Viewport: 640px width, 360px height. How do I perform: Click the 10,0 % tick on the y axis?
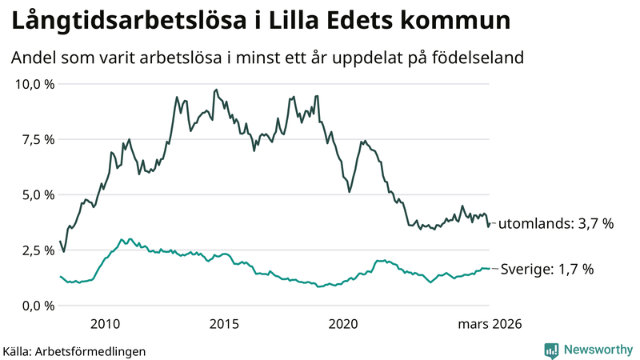33,84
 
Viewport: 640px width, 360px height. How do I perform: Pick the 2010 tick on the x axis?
106,324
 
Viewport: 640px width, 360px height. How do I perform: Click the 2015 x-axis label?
225,324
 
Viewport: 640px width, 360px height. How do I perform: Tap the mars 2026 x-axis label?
490,324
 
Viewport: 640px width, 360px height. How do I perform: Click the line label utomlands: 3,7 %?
556,224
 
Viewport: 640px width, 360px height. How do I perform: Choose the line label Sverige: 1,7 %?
546,270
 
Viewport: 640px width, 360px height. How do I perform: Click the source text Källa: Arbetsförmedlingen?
74,350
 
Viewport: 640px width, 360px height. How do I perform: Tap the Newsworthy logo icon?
551,350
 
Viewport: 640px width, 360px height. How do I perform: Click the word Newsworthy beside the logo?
597,350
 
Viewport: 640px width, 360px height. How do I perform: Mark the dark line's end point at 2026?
489,225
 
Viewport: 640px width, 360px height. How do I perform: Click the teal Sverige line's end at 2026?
489,269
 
